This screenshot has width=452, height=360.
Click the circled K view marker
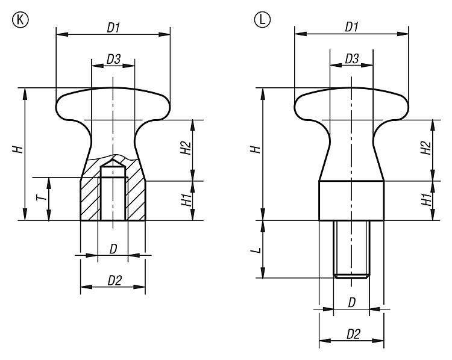[20, 20]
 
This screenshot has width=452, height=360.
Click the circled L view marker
[262, 20]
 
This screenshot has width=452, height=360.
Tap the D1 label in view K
[113, 28]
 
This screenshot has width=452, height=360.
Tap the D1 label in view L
[352, 27]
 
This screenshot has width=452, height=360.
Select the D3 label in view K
[113, 60]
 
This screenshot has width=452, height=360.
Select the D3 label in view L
[352, 59]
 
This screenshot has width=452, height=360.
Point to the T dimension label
[41, 197]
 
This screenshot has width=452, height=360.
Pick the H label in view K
[17, 149]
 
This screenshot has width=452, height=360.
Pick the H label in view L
[256, 149]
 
